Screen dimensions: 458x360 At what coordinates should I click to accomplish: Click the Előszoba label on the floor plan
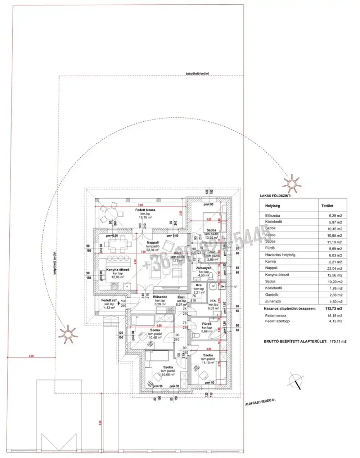coord(158,297)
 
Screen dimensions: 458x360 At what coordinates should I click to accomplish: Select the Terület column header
coord(327,206)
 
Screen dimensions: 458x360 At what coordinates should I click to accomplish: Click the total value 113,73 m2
coord(334,309)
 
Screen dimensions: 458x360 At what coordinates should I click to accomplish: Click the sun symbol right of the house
coord(290,183)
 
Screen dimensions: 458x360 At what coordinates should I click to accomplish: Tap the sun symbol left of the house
coord(68,334)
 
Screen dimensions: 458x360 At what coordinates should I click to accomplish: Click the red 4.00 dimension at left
coord(31,356)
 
